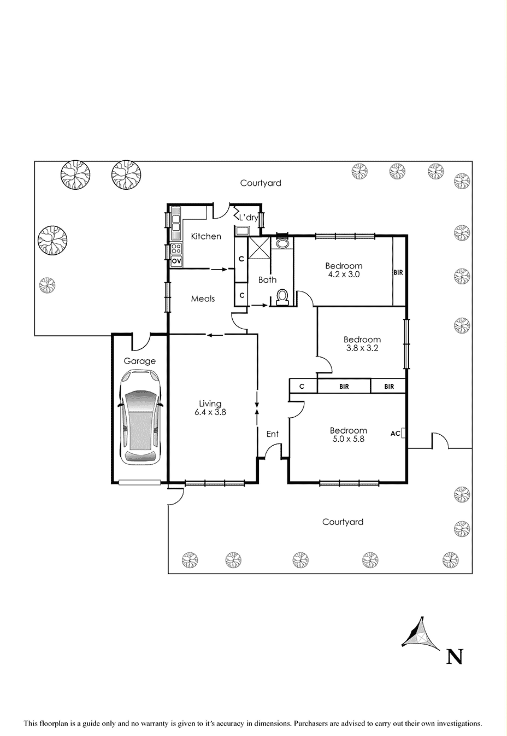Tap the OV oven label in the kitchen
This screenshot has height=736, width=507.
176,261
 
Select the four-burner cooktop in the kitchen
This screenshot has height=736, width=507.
176,249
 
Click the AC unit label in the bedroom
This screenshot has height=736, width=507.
396,434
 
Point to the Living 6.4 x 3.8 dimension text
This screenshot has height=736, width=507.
210,408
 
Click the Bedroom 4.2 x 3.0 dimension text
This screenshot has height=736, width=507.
344,270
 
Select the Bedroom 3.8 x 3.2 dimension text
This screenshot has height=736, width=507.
362,343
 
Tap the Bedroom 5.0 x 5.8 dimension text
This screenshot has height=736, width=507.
349,434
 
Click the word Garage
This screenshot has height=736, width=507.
139,361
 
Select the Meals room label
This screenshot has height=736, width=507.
203,299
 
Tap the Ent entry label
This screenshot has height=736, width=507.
273,434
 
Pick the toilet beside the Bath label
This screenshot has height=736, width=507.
282,297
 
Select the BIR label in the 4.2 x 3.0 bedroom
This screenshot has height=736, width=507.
398,273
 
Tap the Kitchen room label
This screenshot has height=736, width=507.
206,236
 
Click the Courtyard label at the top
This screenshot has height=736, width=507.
261,183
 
